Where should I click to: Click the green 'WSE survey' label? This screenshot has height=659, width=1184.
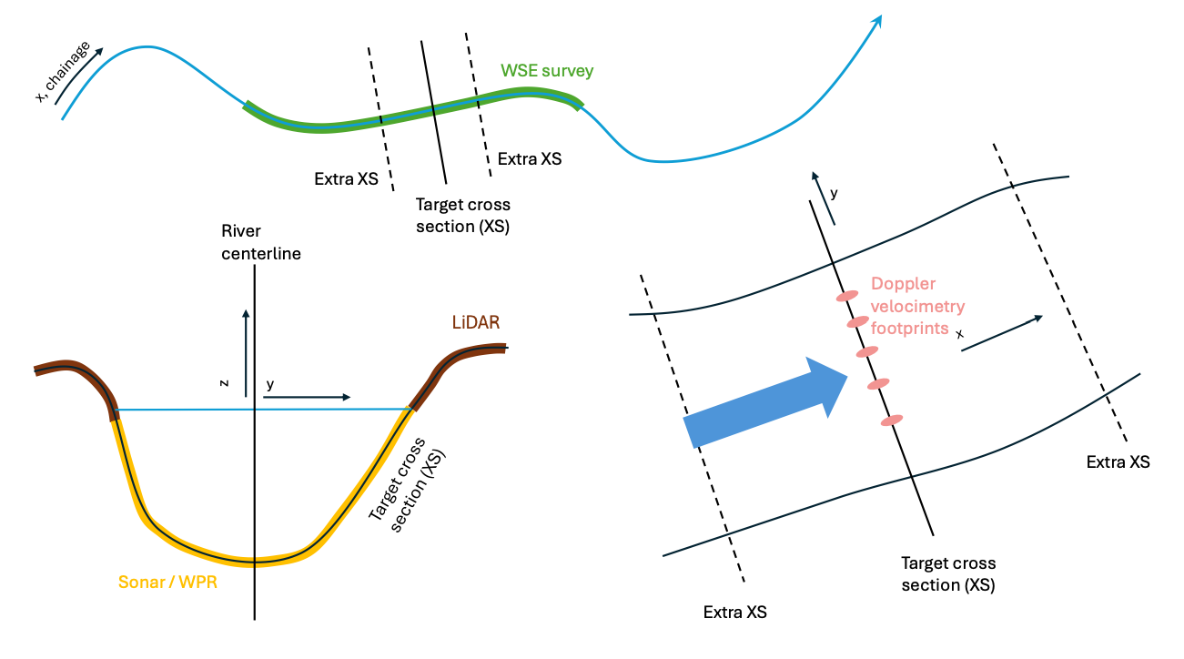pyautogui.click(x=546, y=70)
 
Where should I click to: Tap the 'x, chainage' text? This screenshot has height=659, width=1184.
pyautogui.click(x=62, y=72)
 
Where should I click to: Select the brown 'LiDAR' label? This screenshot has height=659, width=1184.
pyautogui.click(x=476, y=322)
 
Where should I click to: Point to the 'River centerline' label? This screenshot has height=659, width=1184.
pyautogui.click(x=261, y=242)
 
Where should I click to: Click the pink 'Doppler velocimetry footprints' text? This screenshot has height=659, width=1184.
pyautogui.click(x=916, y=306)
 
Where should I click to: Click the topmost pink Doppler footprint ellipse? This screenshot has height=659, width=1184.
pyautogui.click(x=847, y=295)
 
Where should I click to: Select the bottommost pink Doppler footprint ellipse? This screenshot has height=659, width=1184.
pyautogui.click(x=892, y=420)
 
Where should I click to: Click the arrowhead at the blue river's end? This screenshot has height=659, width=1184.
pyautogui.click(x=877, y=20)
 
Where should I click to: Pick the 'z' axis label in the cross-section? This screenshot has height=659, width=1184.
pyautogui.click(x=224, y=383)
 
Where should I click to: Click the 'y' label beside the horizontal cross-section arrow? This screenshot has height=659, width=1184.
pyautogui.click(x=270, y=384)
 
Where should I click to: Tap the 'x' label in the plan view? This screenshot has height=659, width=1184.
pyautogui.click(x=959, y=334)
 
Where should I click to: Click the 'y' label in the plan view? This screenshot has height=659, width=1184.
pyautogui.click(x=833, y=193)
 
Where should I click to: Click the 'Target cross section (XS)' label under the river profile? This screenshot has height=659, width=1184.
pyautogui.click(x=462, y=215)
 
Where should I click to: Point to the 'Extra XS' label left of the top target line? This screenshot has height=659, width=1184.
pyautogui.click(x=346, y=179)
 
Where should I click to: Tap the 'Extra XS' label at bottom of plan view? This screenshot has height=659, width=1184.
pyautogui.click(x=735, y=612)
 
